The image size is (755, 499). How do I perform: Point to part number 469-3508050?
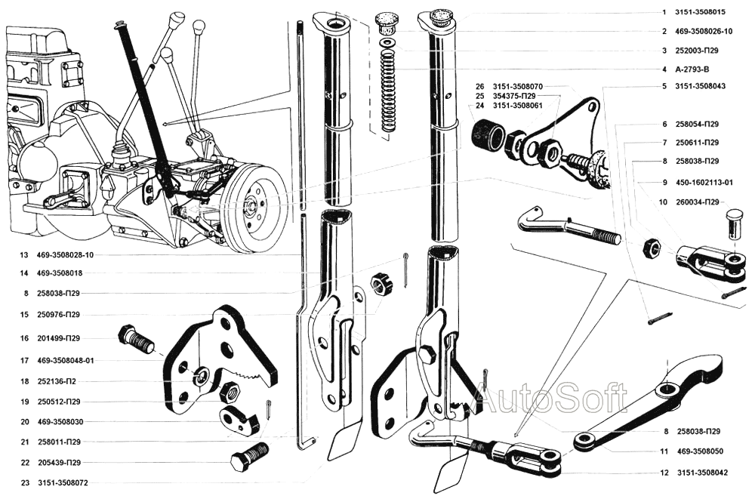click(x=701, y=451)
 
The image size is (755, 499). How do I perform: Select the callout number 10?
click(x=663, y=202)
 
